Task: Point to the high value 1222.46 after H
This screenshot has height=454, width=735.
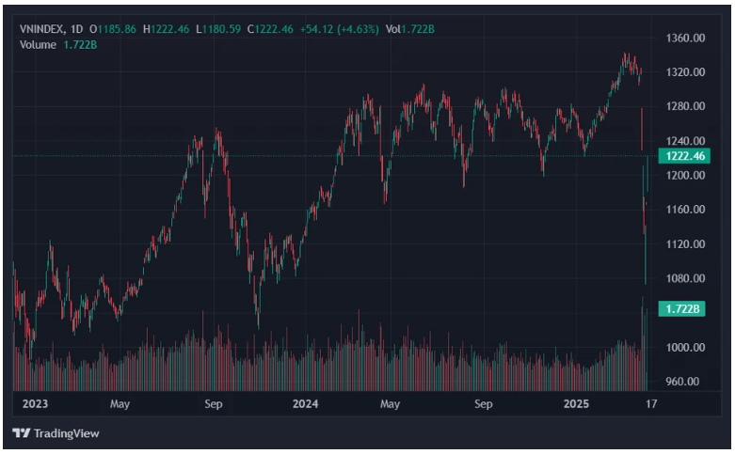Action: click(170, 29)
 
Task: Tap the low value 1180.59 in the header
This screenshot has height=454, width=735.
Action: click(221, 29)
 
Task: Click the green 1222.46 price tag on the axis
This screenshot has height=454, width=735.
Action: click(684, 156)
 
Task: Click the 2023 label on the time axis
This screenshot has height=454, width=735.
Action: click(35, 404)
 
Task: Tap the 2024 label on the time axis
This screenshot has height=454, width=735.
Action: click(305, 404)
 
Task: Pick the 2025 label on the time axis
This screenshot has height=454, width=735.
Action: click(575, 404)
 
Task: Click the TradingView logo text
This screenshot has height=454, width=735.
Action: click(65, 433)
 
